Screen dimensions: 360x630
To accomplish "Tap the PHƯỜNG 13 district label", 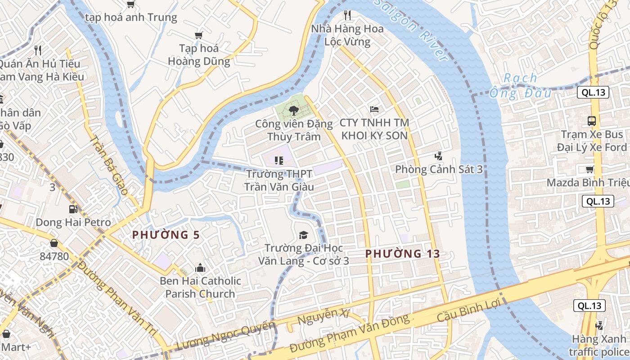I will pyautogui.click(x=402, y=253).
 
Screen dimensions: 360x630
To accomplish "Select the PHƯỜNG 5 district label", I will pyautogui.click(x=166, y=234).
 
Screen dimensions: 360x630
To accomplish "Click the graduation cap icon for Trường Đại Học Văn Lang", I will pyautogui.click(x=303, y=235).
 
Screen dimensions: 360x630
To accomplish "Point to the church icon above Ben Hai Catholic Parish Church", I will pyautogui.click(x=200, y=268).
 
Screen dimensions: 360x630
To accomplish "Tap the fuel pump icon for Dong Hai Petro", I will pyautogui.click(x=73, y=209).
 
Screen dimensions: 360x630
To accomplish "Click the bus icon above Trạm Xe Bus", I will pyautogui.click(x=591, y=121).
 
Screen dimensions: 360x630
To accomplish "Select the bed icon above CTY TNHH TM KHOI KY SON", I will pyautogui.click(x=374, y=109).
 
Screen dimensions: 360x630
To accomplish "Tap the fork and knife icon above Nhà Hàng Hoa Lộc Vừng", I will pyautogui.click(x=347, y=15).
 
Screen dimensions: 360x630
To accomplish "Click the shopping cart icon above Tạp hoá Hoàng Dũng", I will pyautogui.click(x=198, y=35).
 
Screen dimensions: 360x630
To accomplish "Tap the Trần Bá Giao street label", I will pyautogui.click(x=108, y=165).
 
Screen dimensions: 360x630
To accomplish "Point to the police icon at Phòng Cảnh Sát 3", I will pyautogui.click(x=438, y=156).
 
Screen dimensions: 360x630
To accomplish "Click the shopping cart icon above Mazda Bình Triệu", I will pyautogui.click(x=589, y=170).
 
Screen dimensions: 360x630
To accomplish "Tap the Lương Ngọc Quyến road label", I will pyautogui.click(x=225, y=335).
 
